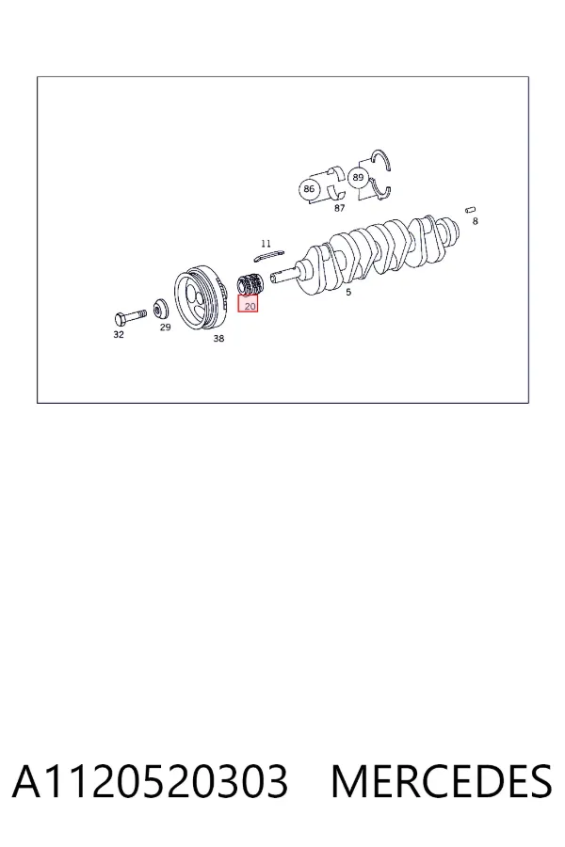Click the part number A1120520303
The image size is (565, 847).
tap(150, 782)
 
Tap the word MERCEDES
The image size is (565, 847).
tap(442, 782)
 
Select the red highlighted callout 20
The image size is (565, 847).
tap(249, 304)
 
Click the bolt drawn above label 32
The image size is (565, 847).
tap(130, 315)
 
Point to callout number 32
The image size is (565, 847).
tap(119, 334)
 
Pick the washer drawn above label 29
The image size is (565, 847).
tap(161, 310)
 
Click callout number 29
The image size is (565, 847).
tap(165, 327)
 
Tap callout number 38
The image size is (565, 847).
tap(218, 338)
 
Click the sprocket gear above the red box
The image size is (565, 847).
tap(250, 284)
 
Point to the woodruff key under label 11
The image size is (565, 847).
tap(268, 254)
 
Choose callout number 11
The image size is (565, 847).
tap(266, 244)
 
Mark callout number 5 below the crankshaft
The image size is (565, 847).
tap(348, 292)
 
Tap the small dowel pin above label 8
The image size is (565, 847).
tap(471, 210)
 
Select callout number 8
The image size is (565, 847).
tap(476, 221)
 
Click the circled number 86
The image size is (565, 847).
tap(309, 189)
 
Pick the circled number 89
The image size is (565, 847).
tap(358, 177)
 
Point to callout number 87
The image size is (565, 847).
tap(340, 208)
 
